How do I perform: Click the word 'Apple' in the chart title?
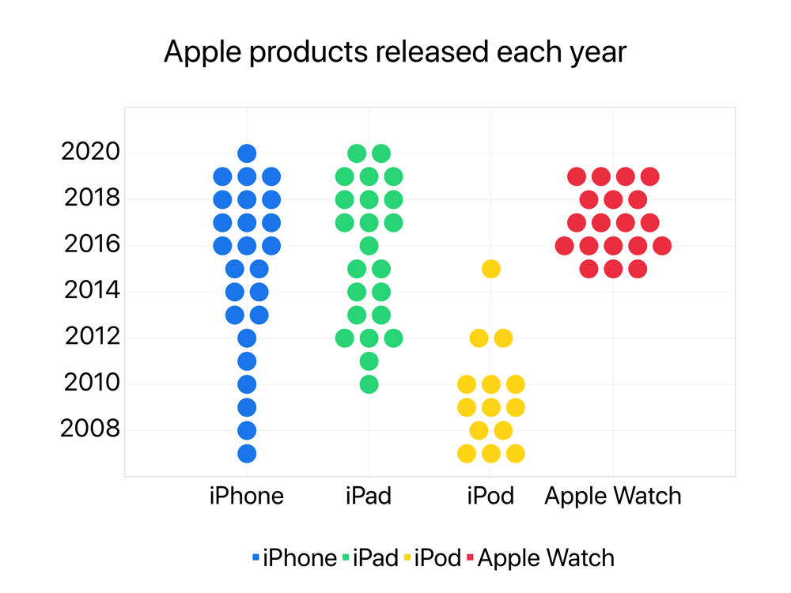(x=202, y=52)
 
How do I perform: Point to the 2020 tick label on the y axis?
(x=90, y=151)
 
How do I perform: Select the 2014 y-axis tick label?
(x=92, y=290)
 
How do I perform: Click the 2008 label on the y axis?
(x=90, y=429)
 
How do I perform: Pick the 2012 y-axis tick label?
(x=93, y=336)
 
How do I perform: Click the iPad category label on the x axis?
(x=369, y=496)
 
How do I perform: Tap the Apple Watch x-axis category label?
(x=613, y=497)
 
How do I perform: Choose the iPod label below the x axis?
(x=490, y=496)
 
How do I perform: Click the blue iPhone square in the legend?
(x=255, y=557)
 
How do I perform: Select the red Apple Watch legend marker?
(x=470, y=557)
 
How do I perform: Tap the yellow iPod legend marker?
(x=407, y=557)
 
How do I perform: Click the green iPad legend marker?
(x=346, y=557)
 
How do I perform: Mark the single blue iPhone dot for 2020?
(x=247, y=153)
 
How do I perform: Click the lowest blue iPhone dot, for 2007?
(x=247, y=454)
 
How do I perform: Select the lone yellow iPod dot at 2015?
(x=491, y=269)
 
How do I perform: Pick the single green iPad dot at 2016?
(x=369, y=246)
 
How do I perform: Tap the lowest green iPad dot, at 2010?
(x=369, y=385)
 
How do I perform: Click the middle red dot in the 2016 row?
(x=613, y=246)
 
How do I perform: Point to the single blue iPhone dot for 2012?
(x=247, y=338)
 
